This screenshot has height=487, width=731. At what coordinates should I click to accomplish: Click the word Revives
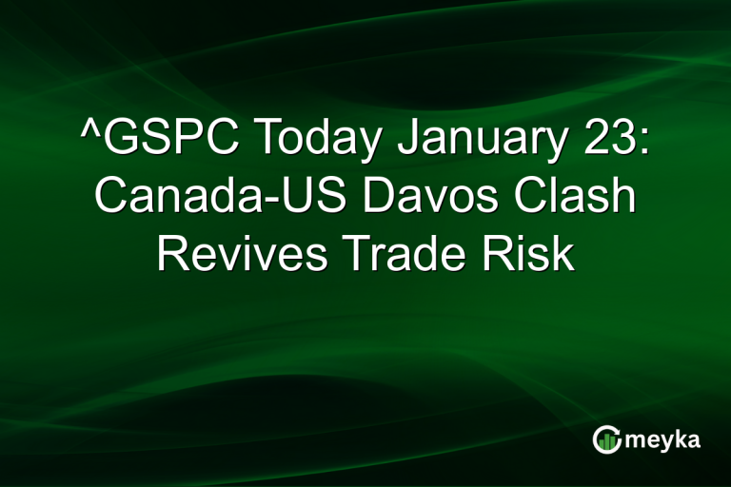[x=234, y=254]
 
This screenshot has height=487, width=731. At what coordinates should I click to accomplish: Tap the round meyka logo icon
[x=607, y=439]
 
